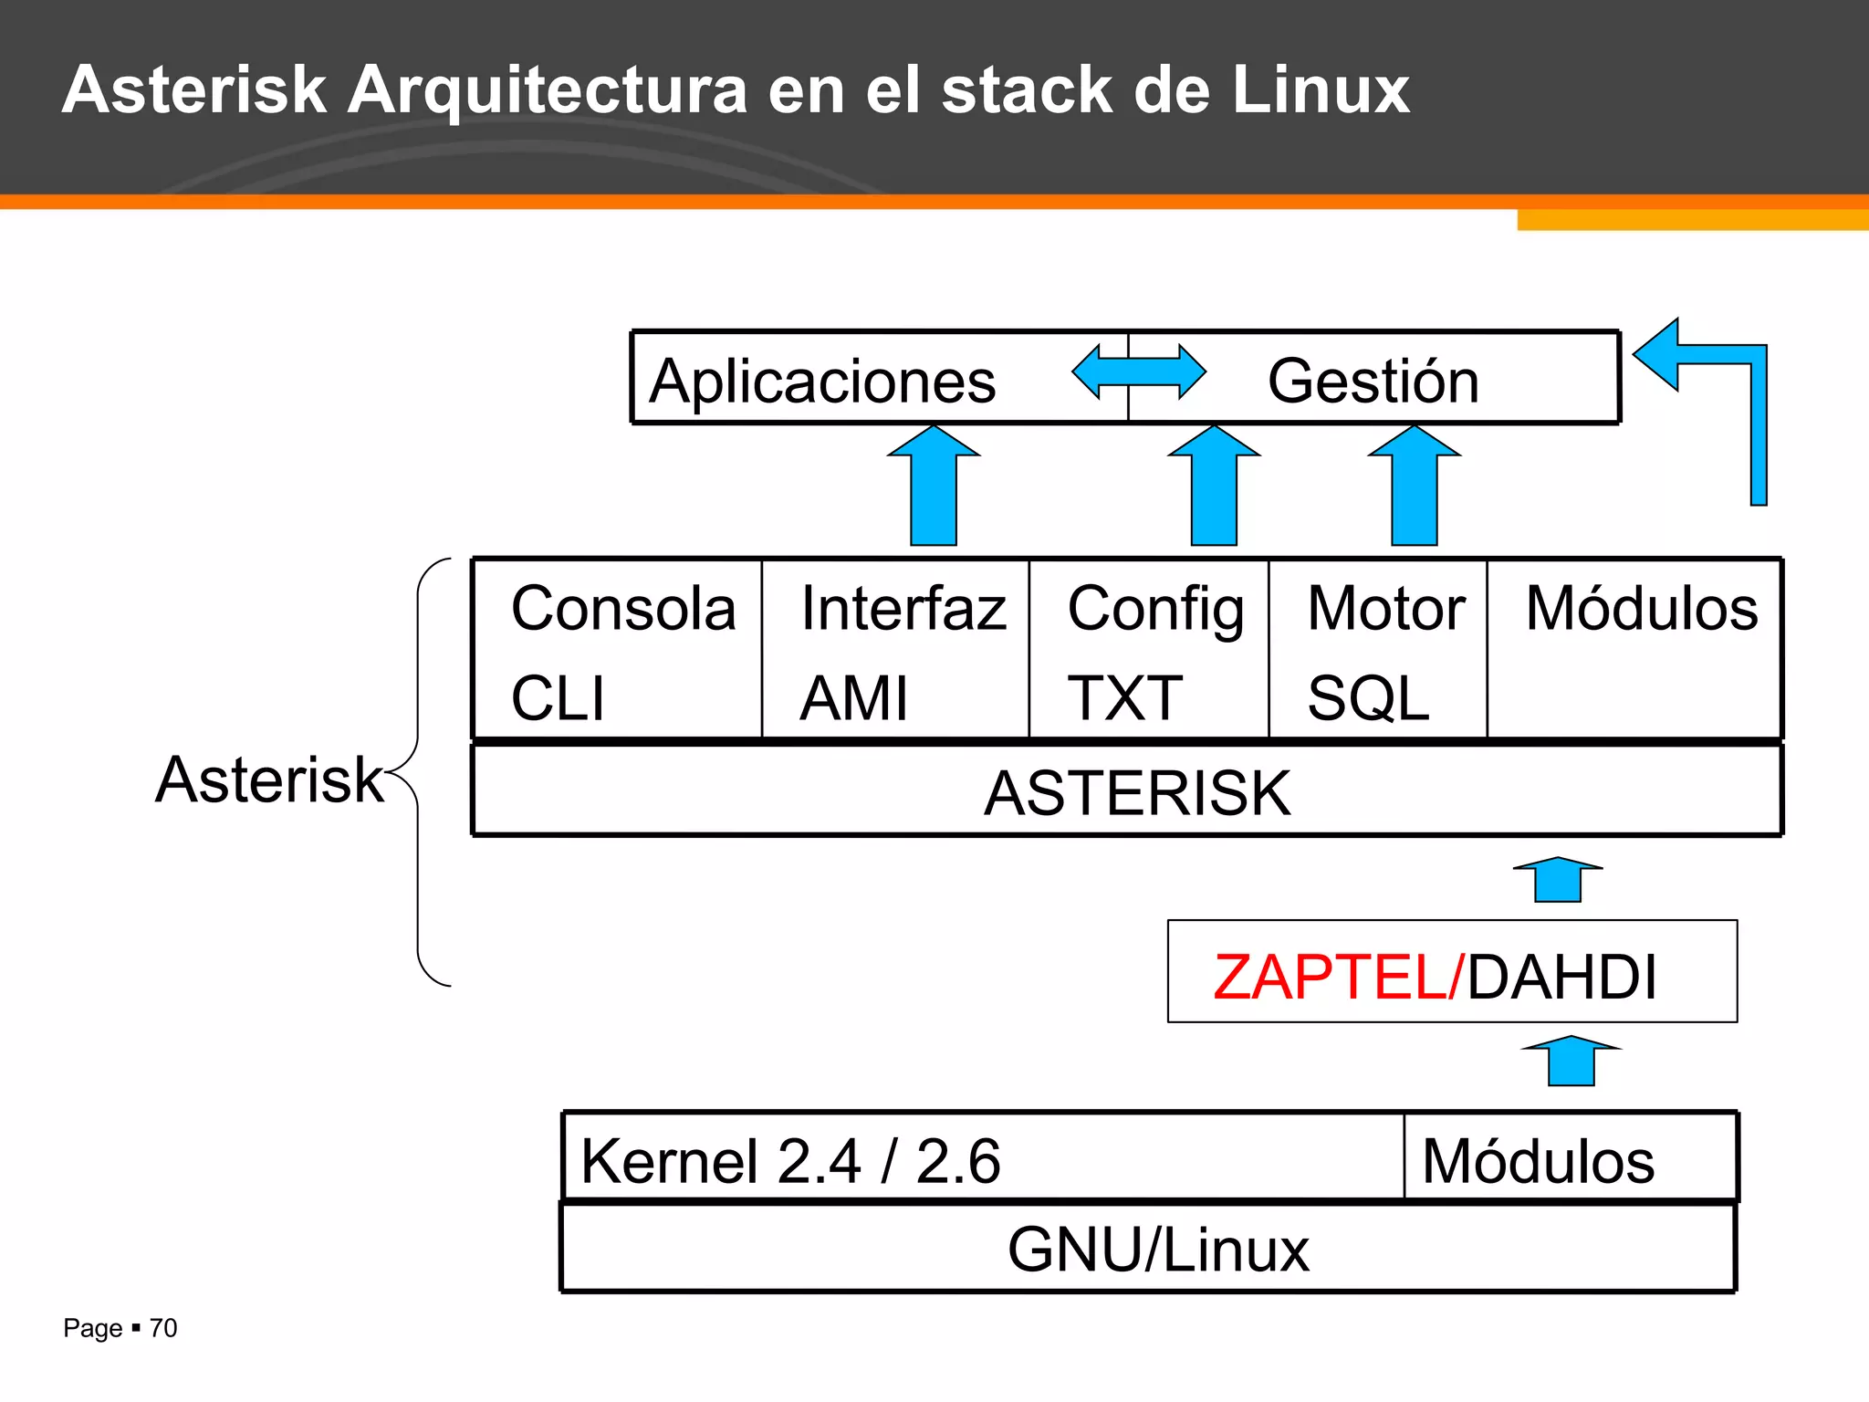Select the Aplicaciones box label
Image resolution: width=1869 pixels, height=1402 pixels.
tap(822, 381)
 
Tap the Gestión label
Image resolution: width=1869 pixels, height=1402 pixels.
tap(1373, 381)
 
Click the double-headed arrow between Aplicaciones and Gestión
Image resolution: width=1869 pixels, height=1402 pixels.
tap(1139, 372)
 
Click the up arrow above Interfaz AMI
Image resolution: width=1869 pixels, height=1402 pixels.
tap(934, 488)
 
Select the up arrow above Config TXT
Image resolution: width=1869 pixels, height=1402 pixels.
tap(1214, 488)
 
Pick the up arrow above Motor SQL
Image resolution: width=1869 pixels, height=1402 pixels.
tap(1414, 488)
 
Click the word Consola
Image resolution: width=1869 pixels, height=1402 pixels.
tap(623, 608)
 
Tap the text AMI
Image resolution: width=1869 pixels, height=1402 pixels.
tap(853, 698)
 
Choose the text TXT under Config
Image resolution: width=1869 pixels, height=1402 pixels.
tap(1124, 698)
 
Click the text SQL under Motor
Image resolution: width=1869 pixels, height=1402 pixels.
tap(1367, 698)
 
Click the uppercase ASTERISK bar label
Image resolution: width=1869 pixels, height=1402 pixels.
tap(1137, 792)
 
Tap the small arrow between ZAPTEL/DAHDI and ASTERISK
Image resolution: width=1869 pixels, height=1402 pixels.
tap(1558, 880)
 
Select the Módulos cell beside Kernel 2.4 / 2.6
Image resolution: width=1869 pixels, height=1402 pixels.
tap(1538, 1161)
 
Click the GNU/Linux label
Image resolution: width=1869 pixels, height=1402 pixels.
tap(1157, 1250)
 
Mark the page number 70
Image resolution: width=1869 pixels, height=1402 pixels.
tap(163, 1328)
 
